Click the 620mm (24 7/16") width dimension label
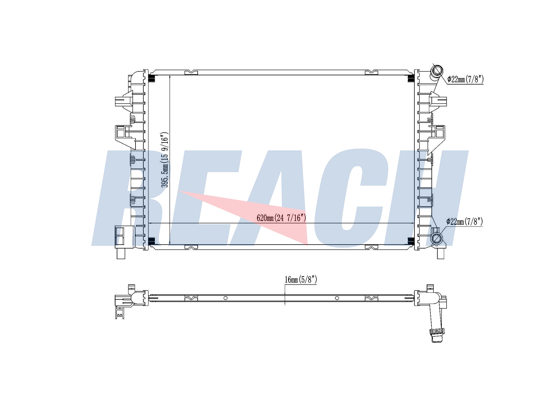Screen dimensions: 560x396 point(281,218)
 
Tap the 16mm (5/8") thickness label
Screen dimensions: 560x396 point(301,280)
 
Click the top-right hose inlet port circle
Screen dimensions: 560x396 point(437,70)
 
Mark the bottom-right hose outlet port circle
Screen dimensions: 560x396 point(437,238)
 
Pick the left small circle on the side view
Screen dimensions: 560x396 point(225,298)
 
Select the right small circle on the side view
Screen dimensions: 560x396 point(337,298)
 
